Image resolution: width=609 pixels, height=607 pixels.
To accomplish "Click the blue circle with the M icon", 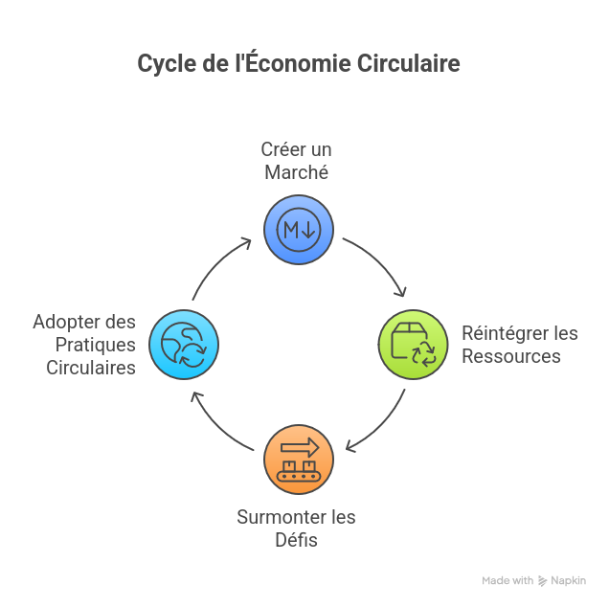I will (299, 229).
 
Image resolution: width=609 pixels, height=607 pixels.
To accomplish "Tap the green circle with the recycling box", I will (413, 345).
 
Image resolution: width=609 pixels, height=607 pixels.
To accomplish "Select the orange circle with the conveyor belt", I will (299, 460).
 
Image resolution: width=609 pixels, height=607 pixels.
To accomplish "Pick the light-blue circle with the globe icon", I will (184, 345).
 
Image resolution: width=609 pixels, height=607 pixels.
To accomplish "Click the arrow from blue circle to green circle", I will (378, 264).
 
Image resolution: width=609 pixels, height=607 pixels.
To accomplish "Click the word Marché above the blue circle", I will (297, 172).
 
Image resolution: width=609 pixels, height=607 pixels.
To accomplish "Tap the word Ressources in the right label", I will (510, 356).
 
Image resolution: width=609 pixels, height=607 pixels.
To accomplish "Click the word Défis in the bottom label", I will (297, 540).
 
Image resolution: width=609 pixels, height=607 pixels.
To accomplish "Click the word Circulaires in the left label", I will (91, 368).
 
